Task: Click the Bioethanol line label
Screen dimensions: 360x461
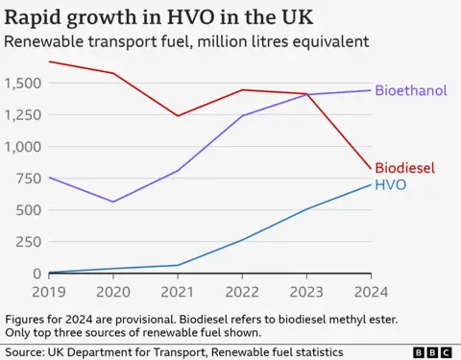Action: coord(411,91)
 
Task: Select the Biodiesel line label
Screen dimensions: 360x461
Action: coord(404,167)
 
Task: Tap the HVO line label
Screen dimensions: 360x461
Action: coord(390,183)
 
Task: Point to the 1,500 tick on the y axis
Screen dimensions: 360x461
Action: coord(23,84)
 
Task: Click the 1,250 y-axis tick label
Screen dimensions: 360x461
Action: coord(23,115)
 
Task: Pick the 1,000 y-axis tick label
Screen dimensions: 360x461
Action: coord(23,147)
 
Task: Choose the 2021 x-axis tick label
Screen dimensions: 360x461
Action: coord(177,291)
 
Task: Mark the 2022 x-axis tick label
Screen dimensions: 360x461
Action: coord(241,291)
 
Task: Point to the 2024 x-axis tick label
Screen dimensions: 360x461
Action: coord(369,291)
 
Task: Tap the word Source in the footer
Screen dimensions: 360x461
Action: coord(30,352)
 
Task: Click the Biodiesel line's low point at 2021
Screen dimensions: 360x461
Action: coord(177,116)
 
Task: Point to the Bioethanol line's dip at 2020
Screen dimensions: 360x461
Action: coord(113,202)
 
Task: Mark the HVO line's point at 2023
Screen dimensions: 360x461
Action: coord(305,209)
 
